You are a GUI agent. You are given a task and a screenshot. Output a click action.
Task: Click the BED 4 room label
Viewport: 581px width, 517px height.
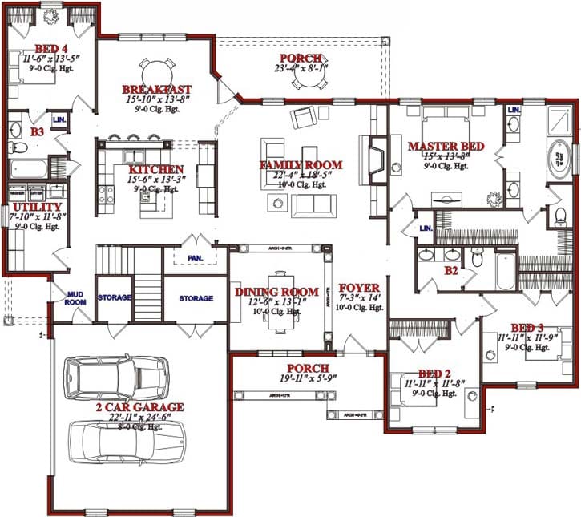(38, 47)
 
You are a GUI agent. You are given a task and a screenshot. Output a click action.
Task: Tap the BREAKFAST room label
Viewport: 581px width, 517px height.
(156, 88)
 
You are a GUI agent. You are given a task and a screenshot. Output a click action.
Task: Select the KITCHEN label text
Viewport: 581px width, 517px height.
(155, 170)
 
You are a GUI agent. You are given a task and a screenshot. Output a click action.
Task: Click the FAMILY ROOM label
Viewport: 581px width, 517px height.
(301, 165)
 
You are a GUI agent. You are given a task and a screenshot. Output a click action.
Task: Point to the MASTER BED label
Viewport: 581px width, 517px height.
(445, 146)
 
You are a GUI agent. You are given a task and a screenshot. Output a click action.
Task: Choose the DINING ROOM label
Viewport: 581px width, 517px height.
(276, 292)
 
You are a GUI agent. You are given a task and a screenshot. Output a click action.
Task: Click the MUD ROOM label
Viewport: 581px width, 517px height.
(75, 298)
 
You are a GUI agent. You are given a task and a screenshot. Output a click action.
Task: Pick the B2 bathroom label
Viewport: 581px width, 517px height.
(451, 271)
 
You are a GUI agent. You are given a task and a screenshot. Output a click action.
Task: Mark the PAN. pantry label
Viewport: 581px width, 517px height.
(196, 258)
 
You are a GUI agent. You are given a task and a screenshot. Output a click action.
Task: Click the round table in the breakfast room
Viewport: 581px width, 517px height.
(155, 66)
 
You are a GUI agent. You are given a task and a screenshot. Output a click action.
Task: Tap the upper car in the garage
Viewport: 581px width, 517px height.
(118, 378)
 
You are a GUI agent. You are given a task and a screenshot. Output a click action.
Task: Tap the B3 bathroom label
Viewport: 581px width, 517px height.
(37, 130)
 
